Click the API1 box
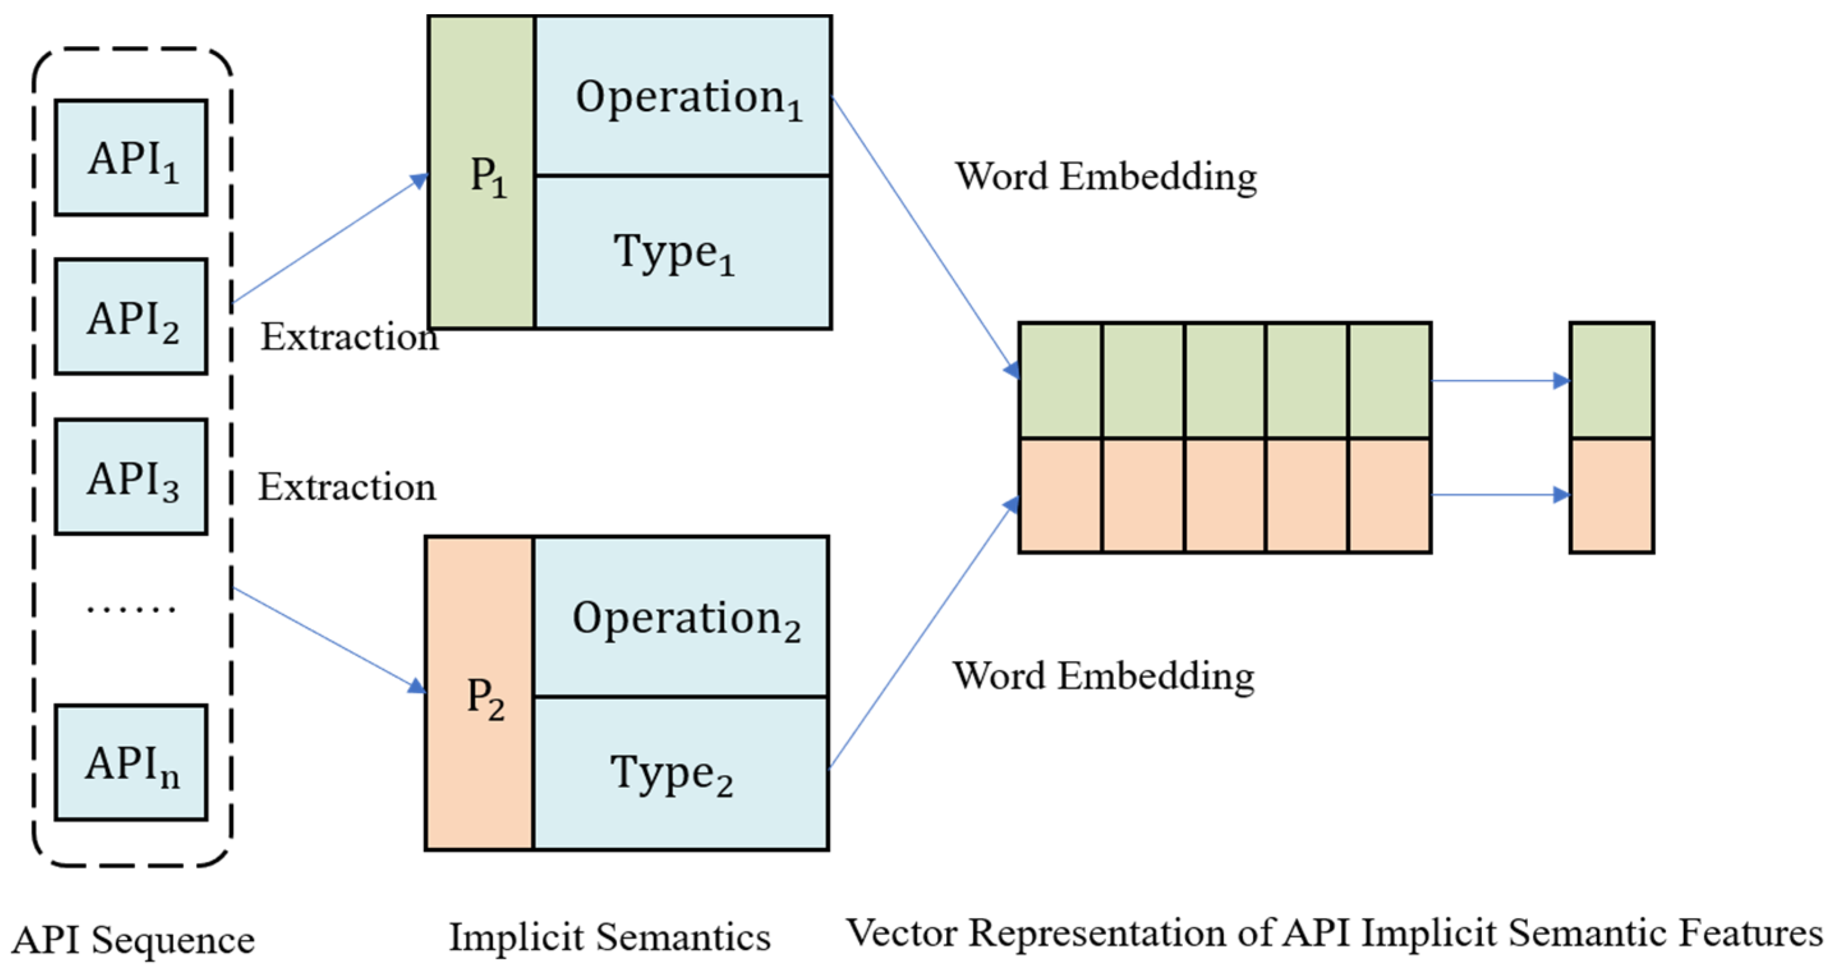click(x=132, y=157)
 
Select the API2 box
click(x=132, y=316)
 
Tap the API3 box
click(x=132, y=477)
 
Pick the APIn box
click(x=132, y=762)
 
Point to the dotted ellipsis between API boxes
click(x=132, y=609)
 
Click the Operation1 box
click(x=683, y=96)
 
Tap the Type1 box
click(x=683, y=252)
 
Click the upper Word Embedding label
click(x=1106, y=176)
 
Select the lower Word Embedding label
click(x=1104, y=676)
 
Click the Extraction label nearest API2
click(x=349, y=337)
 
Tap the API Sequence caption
click(x=134, y=940)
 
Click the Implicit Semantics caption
click(x=609, y=936)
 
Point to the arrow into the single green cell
click(x=1500, y=382)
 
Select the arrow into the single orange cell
click(x=1500, y=495)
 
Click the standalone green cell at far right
click(x=1612, y=381)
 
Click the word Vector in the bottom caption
click(x=901, y=933)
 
